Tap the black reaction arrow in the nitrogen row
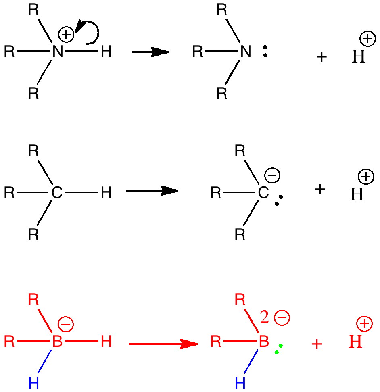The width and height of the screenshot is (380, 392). point(150,52)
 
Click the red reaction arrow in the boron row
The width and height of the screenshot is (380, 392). point(163,344)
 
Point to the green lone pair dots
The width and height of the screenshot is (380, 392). point(278,349)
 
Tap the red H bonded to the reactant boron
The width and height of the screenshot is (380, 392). point(106,343)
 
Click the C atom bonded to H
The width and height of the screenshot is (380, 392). point(57,193)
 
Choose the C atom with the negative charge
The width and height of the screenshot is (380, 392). point(263,193)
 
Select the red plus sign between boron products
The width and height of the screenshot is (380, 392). point(317,344)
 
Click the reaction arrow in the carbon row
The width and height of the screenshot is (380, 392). point(152,191)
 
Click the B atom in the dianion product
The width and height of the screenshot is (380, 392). point(263,343)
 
